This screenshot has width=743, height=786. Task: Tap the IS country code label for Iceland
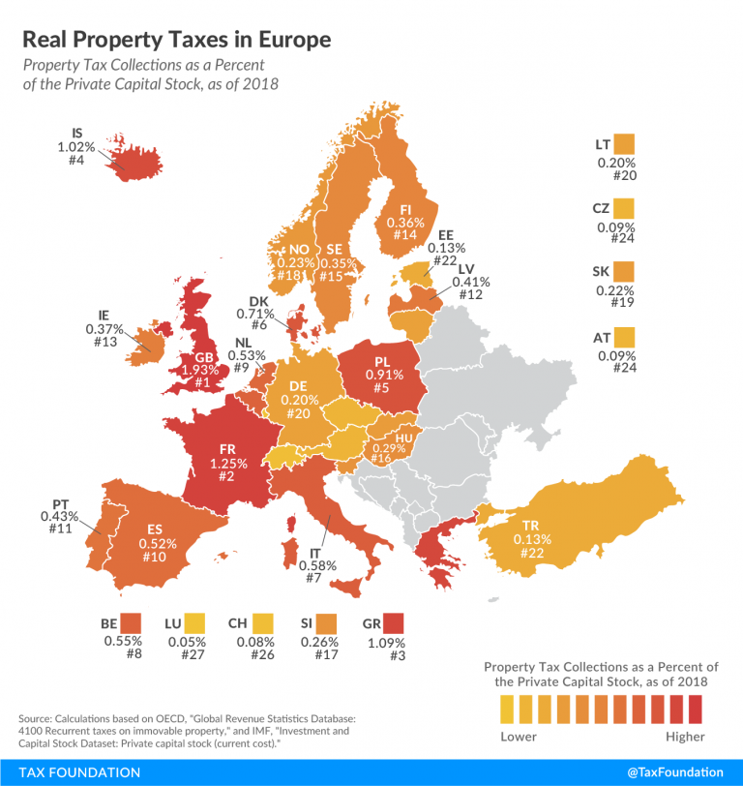click(77, 134)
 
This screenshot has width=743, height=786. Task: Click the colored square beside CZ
click(625, 208)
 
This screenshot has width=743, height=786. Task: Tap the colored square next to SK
click(624, 273)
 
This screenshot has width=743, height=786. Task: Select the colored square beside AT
click(625, 338)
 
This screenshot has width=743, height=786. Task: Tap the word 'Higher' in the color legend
click(685, 737)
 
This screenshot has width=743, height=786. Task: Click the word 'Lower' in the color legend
click(519, 737)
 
